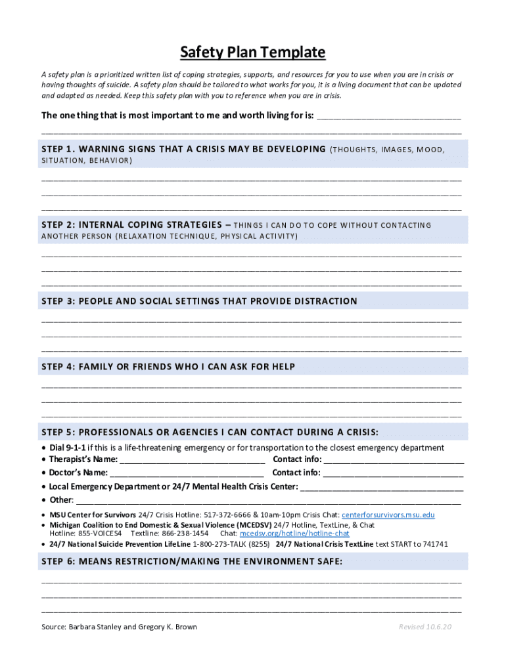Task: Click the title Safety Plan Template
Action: pos(253,52)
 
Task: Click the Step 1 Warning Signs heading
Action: pos(184,149)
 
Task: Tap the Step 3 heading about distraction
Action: pos(199,301)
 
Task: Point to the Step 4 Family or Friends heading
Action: pos(168,367)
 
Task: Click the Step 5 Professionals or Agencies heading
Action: pos(210,432)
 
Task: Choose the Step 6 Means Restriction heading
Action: pos(192,562)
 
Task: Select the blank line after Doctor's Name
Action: pos(187,473)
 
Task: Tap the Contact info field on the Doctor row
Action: pos(393,473)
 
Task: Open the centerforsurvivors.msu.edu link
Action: pos(388,515)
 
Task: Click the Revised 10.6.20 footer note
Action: pos(425,627)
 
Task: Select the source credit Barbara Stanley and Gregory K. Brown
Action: pos(119,627)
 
